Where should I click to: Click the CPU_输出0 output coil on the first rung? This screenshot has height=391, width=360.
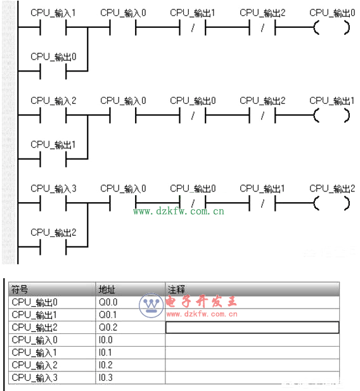332,27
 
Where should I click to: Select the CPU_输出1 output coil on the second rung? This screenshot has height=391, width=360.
332,115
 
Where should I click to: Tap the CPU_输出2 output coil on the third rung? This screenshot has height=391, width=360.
332,203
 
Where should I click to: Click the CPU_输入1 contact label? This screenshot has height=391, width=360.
53,13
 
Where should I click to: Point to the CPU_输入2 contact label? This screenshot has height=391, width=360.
53,101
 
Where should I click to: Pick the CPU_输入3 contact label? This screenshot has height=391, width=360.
53,188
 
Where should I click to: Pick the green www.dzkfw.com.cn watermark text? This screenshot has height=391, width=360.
179,212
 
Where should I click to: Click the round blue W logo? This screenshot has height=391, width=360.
151,305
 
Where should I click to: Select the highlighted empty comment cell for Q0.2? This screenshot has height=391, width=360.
252,328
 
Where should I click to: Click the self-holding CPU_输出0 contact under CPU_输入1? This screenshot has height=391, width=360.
53,72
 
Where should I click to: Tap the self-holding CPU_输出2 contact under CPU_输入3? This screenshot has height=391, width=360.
53,247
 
